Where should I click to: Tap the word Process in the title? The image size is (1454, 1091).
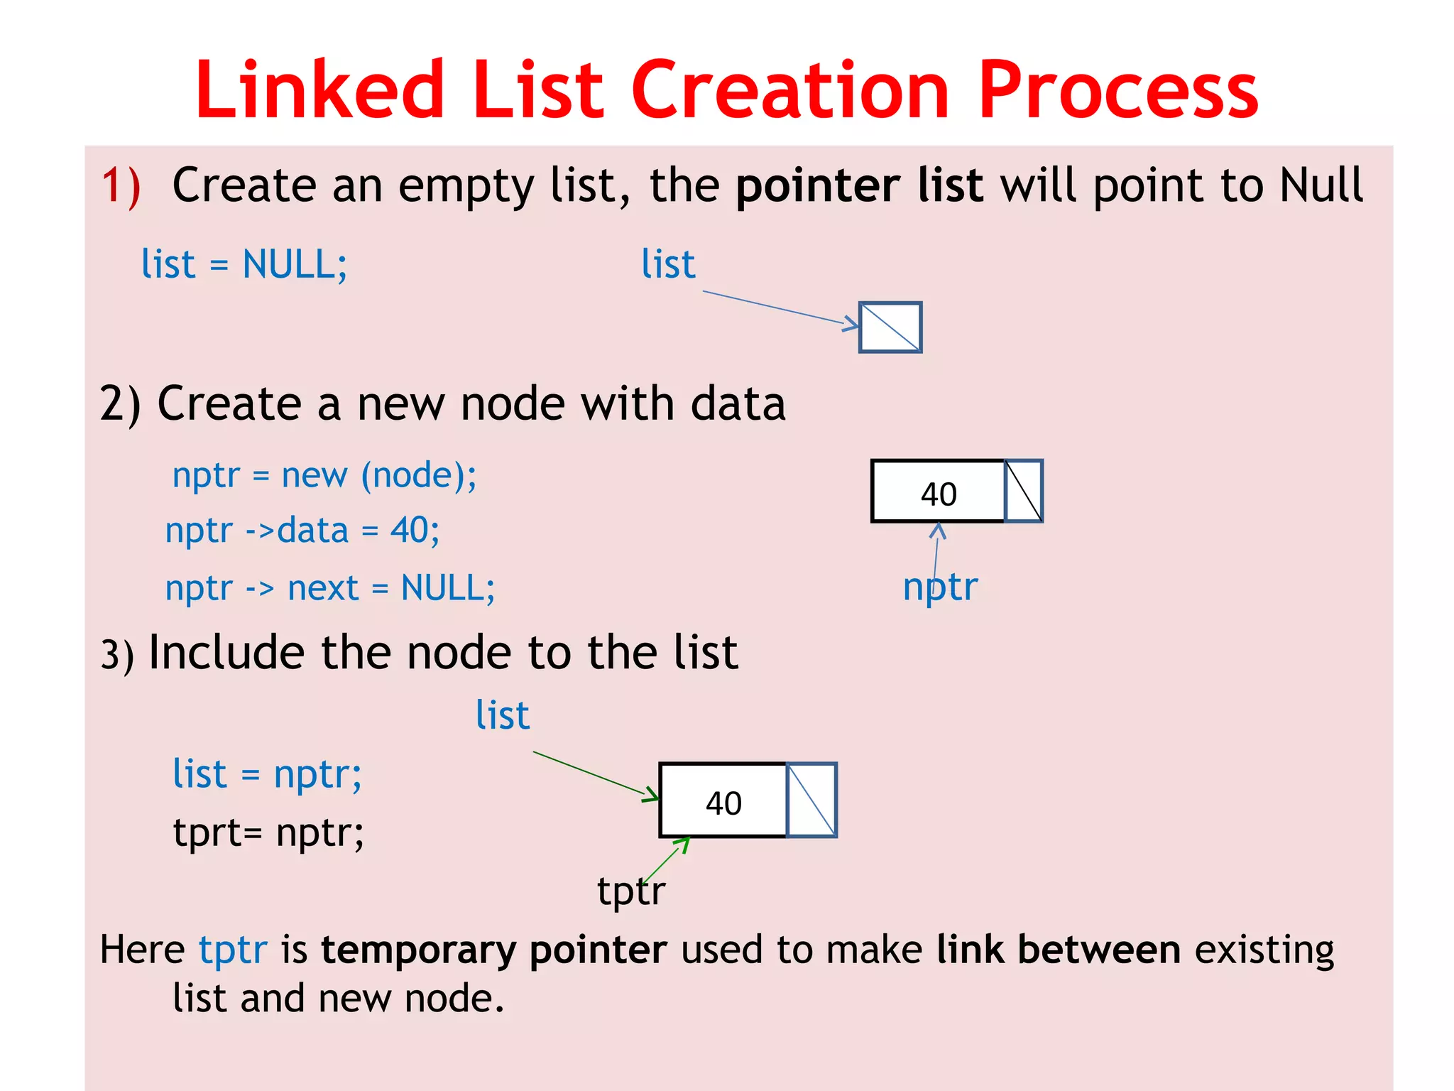click(x=1117, y=90)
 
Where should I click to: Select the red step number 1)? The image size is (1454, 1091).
click(x=121, y=186)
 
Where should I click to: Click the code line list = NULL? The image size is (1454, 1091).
click(x=244, y=265)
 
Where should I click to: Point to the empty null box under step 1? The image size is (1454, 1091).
click(x=890, y=327)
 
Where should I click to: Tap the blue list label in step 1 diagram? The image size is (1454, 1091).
click(x=668, y=265)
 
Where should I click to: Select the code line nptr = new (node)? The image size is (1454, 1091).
click(x=324, y=475)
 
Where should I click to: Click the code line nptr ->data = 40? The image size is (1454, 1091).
click(x=302, y=531)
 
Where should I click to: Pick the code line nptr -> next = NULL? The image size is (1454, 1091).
click(x=330, y=588)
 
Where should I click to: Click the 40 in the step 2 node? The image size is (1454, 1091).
click(x=939, y=494)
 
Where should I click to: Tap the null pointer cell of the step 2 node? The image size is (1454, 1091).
click(x=1024, y=491)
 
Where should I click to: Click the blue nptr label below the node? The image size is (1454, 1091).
click(x=940, y=587)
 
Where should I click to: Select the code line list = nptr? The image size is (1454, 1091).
click(x=268, y=774)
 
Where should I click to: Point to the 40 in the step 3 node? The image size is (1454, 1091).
click(x=723, y=803)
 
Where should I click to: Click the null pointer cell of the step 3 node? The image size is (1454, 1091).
click(x=811, y=800)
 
